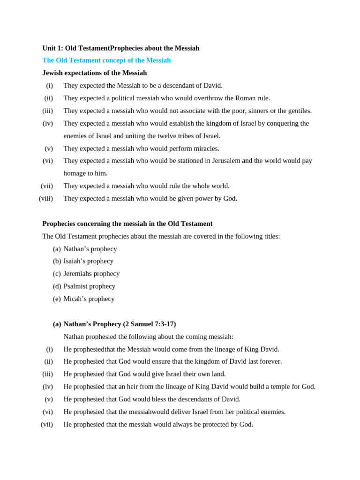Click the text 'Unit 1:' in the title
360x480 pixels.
click(52, 48)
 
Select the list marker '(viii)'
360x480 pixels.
click(46, 199)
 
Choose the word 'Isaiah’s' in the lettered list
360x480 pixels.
click(75, 261)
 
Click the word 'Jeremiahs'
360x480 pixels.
click(78, 274)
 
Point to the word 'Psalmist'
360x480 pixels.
click(76, 286)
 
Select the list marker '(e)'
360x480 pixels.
click(57, 299)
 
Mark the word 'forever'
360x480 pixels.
click(269, 362)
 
